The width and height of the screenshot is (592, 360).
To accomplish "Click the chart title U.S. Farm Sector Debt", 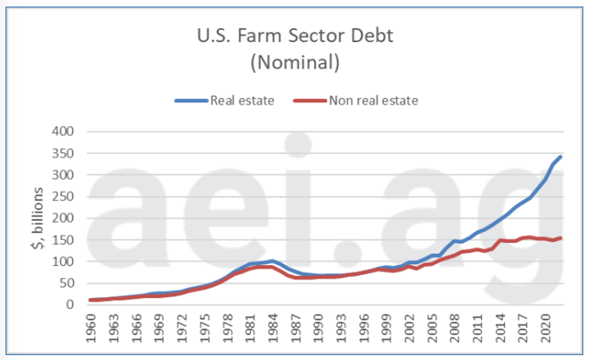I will (x=295, y=37).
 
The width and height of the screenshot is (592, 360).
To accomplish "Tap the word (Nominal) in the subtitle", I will (x=295, y=62).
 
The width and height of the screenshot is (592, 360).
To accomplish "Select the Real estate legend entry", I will (x=242, y=101).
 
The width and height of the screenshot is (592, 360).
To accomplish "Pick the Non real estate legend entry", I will (x=373, y=101).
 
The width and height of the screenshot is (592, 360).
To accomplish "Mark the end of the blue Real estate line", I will (x=562, y=157).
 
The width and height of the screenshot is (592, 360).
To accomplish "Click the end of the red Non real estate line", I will (x=562, y=238).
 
